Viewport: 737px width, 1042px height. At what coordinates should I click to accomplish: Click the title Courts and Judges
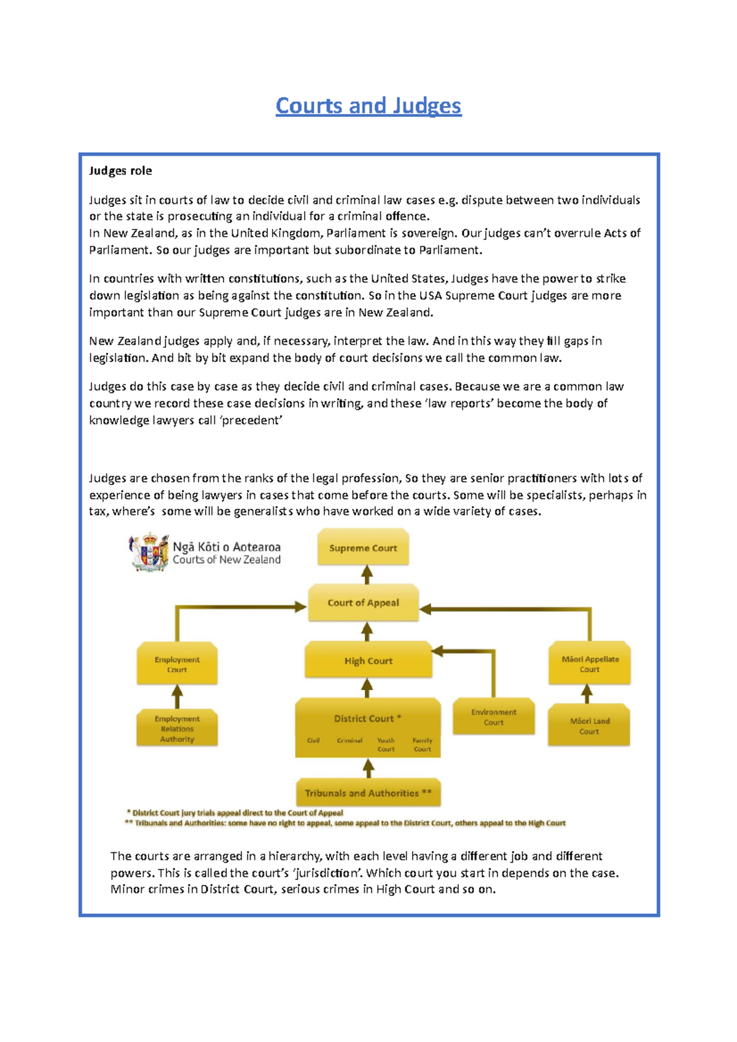point(368,106)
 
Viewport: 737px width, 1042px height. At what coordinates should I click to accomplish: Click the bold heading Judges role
point(120,171)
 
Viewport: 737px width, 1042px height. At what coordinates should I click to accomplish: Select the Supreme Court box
point(363,548)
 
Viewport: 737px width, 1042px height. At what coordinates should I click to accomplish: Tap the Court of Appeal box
point(363,603)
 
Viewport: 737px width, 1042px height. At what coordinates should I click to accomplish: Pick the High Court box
point(368,661)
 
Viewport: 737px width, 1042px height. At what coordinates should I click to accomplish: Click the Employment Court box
point(177,664)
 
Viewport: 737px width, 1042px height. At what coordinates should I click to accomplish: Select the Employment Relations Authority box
point(177,728)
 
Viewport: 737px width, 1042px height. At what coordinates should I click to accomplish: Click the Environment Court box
point(494,717)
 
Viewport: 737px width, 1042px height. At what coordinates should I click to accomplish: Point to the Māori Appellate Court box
point(590,664)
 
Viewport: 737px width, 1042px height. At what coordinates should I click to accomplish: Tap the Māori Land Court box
point(589,726)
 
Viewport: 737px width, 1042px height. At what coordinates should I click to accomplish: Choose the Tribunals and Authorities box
point(368,793)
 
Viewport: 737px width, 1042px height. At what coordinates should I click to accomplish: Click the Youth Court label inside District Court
point(386,744)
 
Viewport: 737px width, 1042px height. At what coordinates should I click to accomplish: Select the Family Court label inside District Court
point(423,744)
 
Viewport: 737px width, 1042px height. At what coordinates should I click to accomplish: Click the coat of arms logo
point(148,552)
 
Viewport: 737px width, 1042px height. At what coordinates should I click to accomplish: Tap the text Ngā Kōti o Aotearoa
point(227,546)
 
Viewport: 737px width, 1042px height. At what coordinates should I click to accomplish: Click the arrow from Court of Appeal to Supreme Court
point(367,575)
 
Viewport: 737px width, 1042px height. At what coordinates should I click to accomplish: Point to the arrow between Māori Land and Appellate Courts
point(587,694)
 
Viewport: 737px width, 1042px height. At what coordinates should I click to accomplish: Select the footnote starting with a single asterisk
point(235,812)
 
